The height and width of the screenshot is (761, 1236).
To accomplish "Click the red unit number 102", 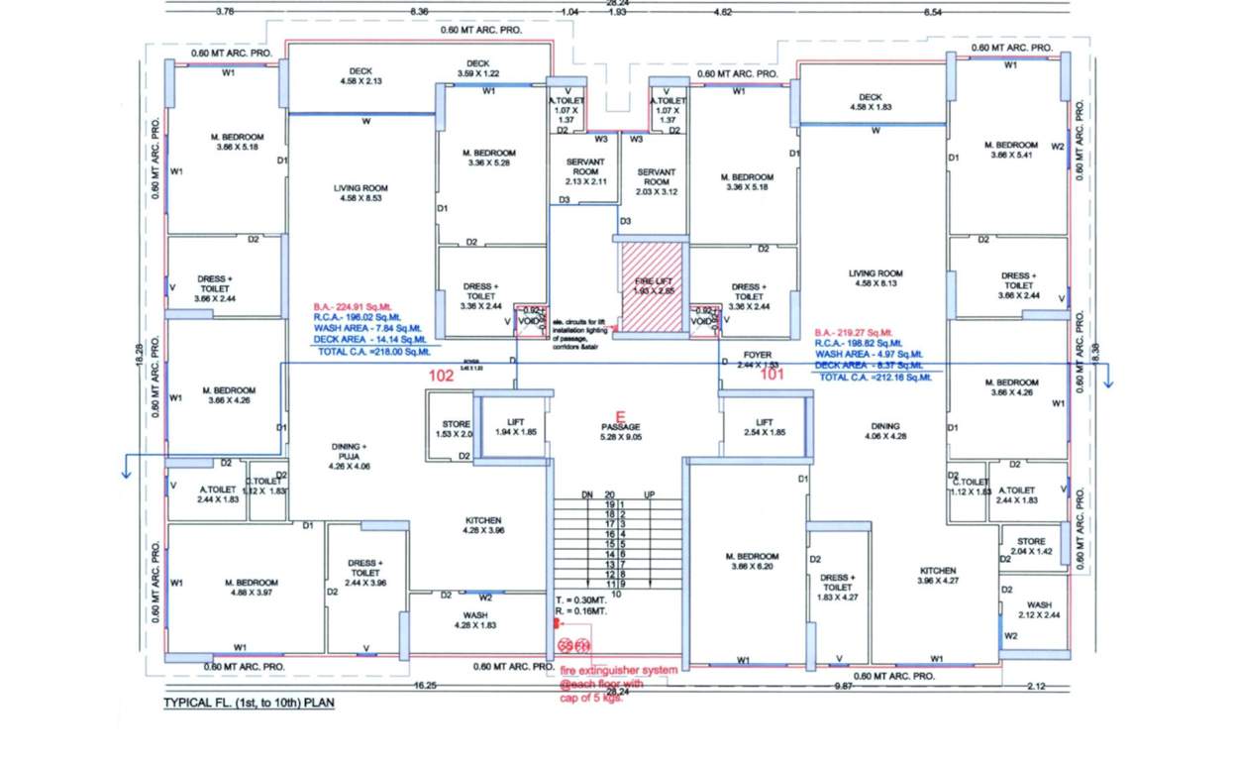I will point(440,377).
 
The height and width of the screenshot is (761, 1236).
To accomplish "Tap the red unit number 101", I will point(772,375).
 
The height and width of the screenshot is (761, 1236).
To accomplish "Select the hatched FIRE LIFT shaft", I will point(652,288).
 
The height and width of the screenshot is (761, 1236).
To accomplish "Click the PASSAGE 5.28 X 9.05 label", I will point(621,433).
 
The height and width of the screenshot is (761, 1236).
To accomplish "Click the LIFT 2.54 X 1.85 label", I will point(764,428).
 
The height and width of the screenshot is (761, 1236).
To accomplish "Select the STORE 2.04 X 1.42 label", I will point(1031,546).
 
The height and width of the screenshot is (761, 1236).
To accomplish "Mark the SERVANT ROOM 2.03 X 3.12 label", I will point(656,182).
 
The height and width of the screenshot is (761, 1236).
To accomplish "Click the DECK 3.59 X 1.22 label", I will point(478,68).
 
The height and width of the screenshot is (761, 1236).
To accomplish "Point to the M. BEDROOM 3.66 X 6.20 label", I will point(752,562).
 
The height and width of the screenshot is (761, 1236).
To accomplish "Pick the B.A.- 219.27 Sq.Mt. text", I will point(853,333).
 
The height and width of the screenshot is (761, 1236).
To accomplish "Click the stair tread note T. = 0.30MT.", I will point(579,600).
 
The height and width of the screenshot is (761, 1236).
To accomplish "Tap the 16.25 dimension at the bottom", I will point(424,685).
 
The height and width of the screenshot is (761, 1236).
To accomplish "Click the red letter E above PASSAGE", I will point(621,416).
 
